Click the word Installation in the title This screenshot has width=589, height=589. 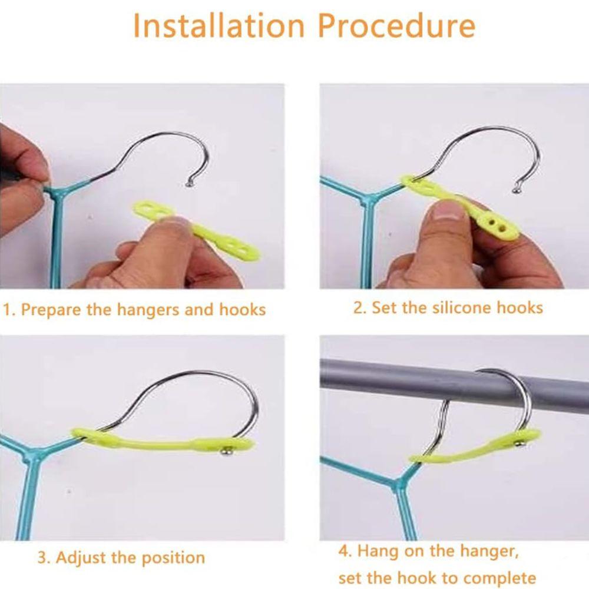(219, 26)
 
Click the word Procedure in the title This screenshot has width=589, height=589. (396, 26)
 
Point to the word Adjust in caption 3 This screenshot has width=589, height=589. (81, 558)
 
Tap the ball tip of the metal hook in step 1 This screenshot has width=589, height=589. (189, 184)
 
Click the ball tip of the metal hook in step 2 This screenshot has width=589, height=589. (517, 190)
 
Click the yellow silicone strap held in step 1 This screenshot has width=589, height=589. (196, 228)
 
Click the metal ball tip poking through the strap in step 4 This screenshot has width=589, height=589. (520, 444)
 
